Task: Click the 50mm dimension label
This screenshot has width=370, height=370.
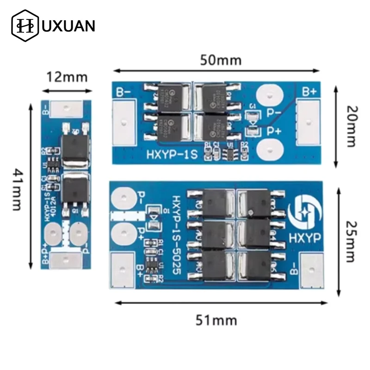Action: [221, 60]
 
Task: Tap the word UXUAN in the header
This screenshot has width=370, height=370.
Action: [69, 25]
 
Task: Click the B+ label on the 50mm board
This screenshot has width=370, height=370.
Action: [308, 91]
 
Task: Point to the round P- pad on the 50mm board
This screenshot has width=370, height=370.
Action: [268, 95]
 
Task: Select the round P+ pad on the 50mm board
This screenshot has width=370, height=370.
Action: [268, 149]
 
